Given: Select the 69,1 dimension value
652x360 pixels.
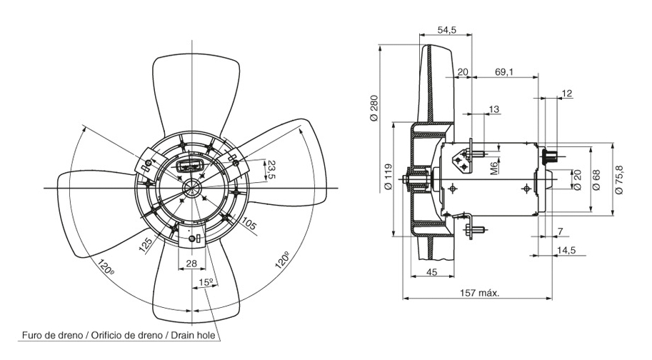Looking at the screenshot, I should point(504,72).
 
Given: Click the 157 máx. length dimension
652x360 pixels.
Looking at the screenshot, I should point(478,293).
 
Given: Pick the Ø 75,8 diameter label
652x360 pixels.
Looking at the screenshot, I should point(618,178).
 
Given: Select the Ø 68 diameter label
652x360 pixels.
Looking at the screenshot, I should point(597,178).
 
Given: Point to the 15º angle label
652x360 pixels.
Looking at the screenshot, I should point(206,283).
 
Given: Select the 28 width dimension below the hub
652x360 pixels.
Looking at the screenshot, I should point(192,263).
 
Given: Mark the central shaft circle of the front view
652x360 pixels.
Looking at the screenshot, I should point(194,188).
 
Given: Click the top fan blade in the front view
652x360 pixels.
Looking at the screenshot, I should point(194,93).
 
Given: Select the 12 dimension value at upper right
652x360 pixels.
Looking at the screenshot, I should point(567,94).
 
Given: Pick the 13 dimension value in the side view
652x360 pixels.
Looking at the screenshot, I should point(494,109).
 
